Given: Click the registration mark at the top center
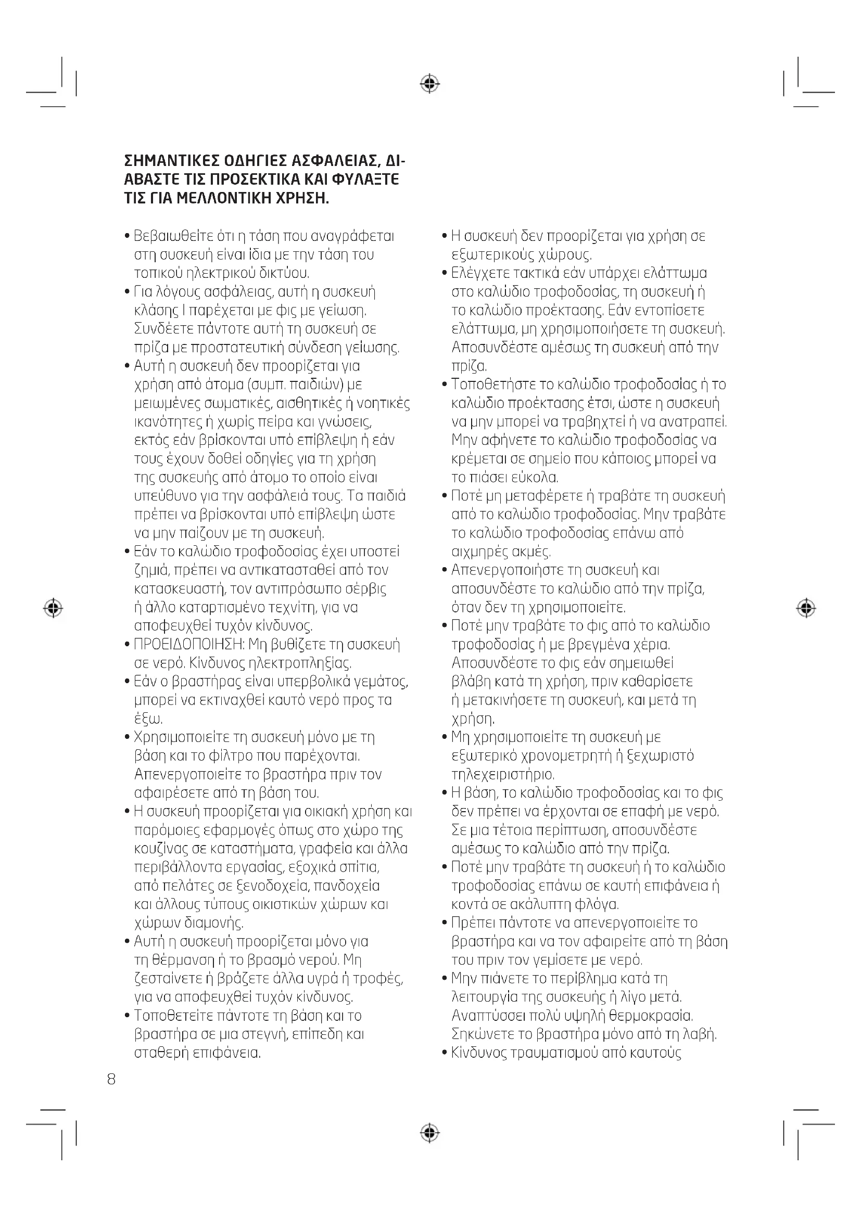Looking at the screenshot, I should [x=430, y=84].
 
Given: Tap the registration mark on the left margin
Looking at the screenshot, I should [x=53, y=608].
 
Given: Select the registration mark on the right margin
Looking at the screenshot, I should [x=806, y=608].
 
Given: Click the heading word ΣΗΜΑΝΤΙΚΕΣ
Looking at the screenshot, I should [x=171, y=161].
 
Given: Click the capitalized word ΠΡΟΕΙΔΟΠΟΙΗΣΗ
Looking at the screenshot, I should [x=188, y=645].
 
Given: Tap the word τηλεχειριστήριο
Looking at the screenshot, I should [x=503, y=774].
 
